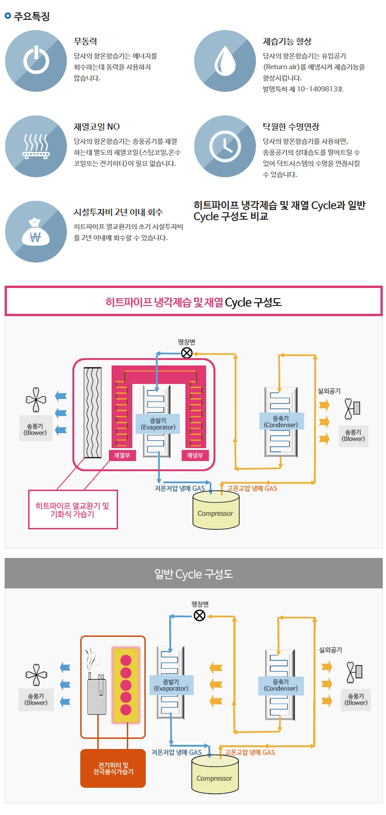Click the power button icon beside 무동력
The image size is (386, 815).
tap(36, 61)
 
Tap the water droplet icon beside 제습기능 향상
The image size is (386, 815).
tap(225, 61)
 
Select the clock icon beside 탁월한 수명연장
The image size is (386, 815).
tap(225, 146)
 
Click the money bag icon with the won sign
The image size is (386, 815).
tap(36, 232)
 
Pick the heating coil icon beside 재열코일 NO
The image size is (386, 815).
tap(36, 146)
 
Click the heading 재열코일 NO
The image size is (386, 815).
tap(97, 127)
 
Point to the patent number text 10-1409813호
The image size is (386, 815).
tap(320, 89)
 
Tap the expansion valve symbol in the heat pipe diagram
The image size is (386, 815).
tap(187, 353)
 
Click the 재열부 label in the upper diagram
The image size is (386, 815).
tap(122, 455)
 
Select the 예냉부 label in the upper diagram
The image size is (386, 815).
tap(195, 455)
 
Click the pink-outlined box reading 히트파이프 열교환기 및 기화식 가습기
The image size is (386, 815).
tap(73, 510)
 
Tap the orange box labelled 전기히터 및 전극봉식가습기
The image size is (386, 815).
tap(113, 768)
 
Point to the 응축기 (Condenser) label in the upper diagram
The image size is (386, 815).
tap(281, 421)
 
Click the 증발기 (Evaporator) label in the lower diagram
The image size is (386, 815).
tap(171, 685)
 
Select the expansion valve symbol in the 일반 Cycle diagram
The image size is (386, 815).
tap(200, 616)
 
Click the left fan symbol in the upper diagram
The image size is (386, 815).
tap(36, 400)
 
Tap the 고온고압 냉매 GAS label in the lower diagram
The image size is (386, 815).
tap(249, 752)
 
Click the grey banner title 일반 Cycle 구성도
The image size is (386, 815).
tap(193, 574)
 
